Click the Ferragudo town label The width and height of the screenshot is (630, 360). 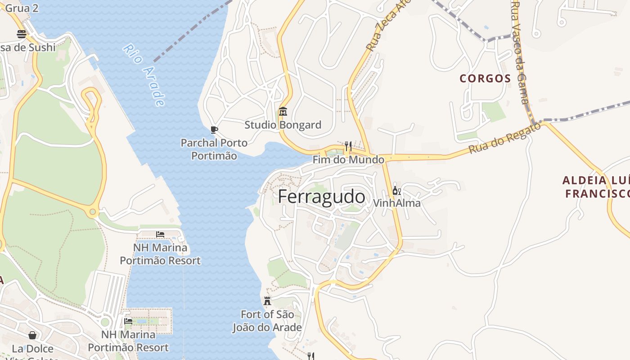coord(321,197)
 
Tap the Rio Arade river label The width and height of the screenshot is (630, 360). coord(144,75)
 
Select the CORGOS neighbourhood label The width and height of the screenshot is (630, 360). coord(485,78)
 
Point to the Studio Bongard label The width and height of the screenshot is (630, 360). coord(283,125)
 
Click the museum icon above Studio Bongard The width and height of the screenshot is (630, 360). coord(283,111)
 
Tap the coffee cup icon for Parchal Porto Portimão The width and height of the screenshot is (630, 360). coord(214,130)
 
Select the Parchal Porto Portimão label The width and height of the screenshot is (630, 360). coord(214,149)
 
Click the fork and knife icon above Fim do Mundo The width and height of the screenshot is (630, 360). coord(348,146)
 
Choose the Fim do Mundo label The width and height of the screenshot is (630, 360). coord(348,160)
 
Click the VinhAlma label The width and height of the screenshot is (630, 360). coord(396,203)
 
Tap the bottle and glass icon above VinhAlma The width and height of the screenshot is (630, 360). coord(396,191)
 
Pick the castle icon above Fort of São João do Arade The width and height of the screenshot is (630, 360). coord(267,301)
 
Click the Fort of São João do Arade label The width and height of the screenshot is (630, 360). coord(267,321)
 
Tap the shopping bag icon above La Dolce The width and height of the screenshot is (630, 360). coord(32,335)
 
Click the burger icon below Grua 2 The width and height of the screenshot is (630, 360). coord(22,34)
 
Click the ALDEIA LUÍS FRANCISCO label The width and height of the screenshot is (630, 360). coord(596,187)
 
